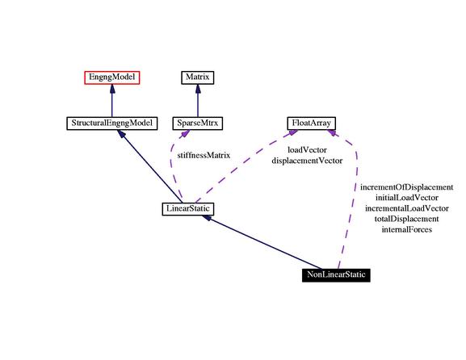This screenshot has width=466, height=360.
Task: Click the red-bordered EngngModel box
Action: click(x=112, y=77)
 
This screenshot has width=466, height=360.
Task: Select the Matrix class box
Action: click(x=198, y=77)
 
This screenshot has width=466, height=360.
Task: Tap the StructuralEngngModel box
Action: click(x=112, y=123)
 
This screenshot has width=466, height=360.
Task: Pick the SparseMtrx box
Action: click(x=198, y=123)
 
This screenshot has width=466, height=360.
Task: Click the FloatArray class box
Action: click(x=312, y=123)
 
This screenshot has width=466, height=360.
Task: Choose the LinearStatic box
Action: click(x=188, y=209)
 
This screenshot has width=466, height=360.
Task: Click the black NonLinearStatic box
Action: click(x=336, y=274)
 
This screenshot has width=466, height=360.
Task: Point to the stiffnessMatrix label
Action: click(x=204, y=155)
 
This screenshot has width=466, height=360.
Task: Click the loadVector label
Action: click(x=307, y=150)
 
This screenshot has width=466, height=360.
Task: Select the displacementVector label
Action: click(x=307, y=161)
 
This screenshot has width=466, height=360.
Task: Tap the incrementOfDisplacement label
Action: click(x=407, y=187)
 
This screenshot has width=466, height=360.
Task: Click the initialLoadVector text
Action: click(x=407, y=198)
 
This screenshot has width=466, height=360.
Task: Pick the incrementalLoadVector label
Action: click(x=407, y=208)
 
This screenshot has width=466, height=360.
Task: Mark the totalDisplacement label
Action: click(x=407, y=220)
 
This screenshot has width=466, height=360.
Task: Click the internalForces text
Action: click(x=407, y=229)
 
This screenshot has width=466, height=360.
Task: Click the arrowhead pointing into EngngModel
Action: click(x=112, y=89)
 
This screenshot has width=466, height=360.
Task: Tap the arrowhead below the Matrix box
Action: click(x=198, y=89)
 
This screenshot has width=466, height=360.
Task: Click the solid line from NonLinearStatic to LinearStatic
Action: click(x=262, y=242)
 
